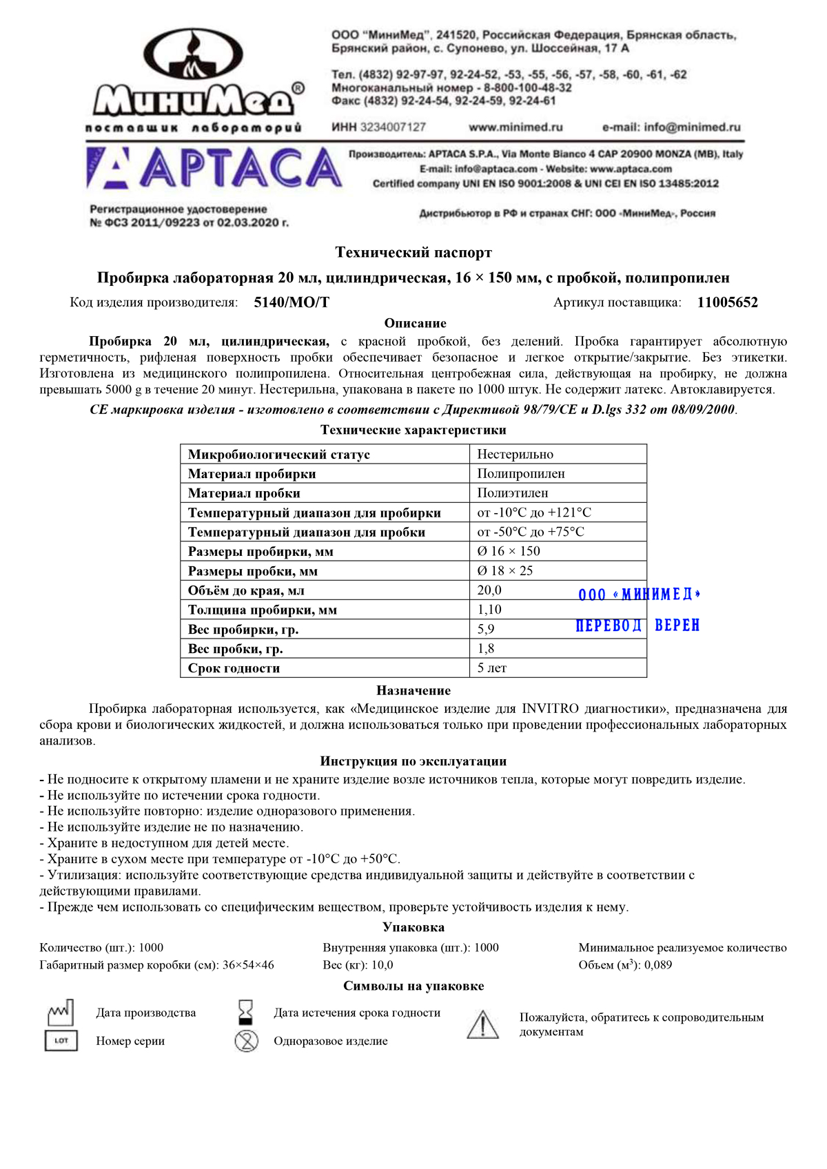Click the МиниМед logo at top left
(196, 79)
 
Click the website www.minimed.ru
(515, 127)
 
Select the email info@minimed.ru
(671, 127)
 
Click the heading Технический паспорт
(413, 253)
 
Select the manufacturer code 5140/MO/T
(292, 302)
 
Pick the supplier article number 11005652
(727, 302)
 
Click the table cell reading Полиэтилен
(513, 493)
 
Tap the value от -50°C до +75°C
(531, 532)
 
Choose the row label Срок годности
(234, 668)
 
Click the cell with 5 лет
(492, 668)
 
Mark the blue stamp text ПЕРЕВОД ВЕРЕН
(637, 625)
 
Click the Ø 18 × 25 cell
(505, 571)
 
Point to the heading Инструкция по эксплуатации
(413, 761)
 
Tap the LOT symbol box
(61, 1041)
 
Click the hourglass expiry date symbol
(245, 1013)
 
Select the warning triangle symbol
(482, 1025)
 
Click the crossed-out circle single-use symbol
(246, 1041)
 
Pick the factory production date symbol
(61, 1013)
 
